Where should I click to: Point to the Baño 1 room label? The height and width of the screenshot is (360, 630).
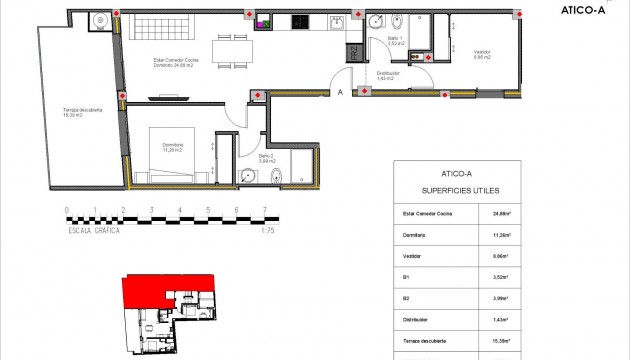395,41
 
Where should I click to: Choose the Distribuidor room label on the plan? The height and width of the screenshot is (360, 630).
389,74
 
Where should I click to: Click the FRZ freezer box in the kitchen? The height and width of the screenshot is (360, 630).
352,54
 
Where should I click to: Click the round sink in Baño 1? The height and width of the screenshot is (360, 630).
376,22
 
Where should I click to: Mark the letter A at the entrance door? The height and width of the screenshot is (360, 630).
340,93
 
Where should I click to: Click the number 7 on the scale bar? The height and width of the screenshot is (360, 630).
264,211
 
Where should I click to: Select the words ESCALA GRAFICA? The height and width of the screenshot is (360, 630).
93,229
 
